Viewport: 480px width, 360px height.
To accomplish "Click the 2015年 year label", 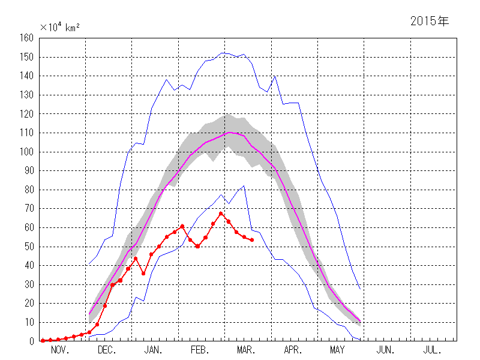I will click(x=429, y=21).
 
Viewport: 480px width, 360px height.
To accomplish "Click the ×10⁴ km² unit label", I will click(x=60, y=27).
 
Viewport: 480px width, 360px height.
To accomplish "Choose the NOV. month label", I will click(x=60, y=350).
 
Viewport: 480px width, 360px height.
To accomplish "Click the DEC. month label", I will click(x=106, y=350).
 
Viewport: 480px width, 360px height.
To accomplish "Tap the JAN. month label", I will click(x=152, y=350).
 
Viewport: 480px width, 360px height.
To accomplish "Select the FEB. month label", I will click(x=199, y=350).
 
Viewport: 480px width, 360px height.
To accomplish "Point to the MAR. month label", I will click(x=245, y=350).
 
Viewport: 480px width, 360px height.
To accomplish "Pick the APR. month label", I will click(x=292, y=350).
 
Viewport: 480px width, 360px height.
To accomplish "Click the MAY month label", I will click(x=337, y=350).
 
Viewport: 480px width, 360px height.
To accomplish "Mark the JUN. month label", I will click(x=385, y=350).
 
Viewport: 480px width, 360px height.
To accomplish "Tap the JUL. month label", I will click(x=431, y=350).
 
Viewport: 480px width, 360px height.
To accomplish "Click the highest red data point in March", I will click(x=221, y=214).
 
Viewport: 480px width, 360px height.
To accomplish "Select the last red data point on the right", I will click(x=252, y=240).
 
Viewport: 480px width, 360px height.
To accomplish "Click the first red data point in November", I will click(x=43, y=341).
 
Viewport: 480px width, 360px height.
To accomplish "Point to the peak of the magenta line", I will click(x=229, y=132).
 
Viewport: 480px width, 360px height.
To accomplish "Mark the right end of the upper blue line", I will click(x=360, y=289).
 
